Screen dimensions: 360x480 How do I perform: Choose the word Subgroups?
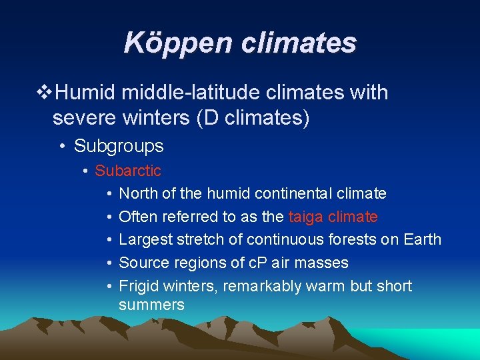(119, 146)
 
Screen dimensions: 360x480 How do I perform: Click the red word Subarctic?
(128, 171)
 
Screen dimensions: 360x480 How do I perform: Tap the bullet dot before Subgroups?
(61, 147)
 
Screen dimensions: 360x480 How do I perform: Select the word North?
(137, 194)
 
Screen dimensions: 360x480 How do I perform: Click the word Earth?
(422, 239)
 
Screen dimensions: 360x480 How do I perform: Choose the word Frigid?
(138, 286)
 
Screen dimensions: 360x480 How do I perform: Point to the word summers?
(151, 305)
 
